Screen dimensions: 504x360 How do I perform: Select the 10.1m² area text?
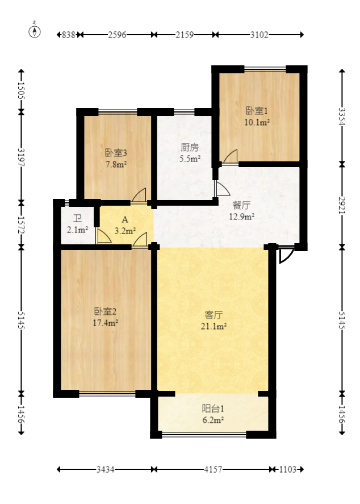(x=257, y=122)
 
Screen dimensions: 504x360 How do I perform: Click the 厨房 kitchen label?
(x=190, y=148)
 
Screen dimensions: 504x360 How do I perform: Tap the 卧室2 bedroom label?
(x=106, y=311)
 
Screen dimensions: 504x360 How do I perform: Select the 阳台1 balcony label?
(x=214, y=409)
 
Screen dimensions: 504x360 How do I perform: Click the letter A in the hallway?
(x=124, y=219)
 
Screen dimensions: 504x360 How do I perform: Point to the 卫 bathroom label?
(x=77, y=218)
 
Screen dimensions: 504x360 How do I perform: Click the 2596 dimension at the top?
(x=116, y=35)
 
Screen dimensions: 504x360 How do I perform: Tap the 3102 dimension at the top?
(x=259, y=35)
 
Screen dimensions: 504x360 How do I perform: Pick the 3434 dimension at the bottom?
(x=106, y=470)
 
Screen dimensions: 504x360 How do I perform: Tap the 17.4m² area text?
(x=106, y=323)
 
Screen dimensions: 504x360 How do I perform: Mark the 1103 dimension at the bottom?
(x=288, y=470)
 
